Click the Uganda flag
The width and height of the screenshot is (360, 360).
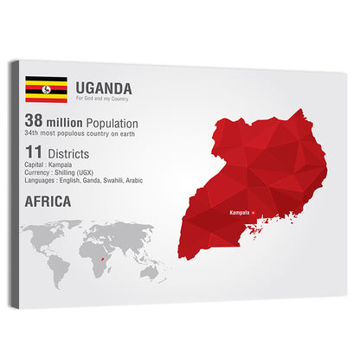point(46,89)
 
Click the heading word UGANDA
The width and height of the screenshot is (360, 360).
point(104,87)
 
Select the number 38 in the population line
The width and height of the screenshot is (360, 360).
point(34,124)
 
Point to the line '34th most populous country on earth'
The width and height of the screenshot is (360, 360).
point(81,136)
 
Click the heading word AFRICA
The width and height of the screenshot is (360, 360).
point(48,202)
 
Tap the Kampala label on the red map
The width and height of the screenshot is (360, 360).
point(240,212)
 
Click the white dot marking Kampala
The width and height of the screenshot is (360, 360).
point(253,212)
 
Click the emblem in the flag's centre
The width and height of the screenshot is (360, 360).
point(46,89)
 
